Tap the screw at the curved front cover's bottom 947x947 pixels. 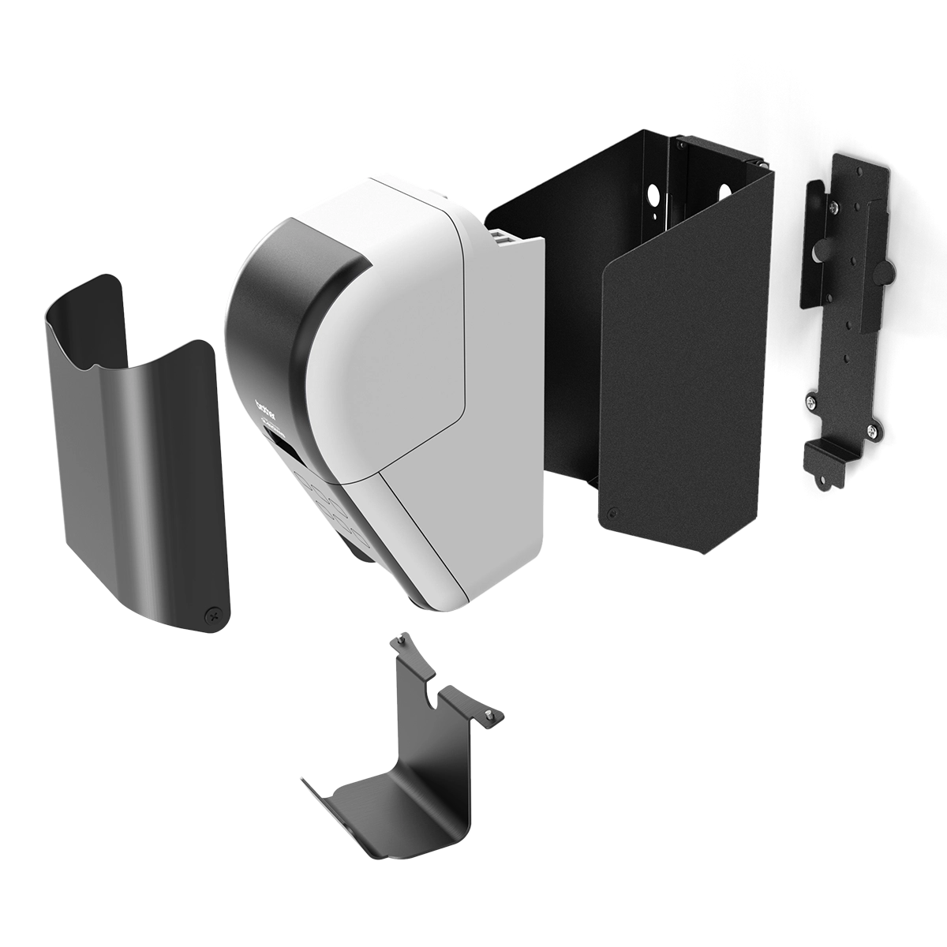pyautogui.click(x=211, y=613)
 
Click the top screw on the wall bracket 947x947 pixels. pyautogui.click(x=834, y=207)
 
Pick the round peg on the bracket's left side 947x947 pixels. pyautogui.click(x=818, y=250)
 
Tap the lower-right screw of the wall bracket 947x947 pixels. pyautogui.click(x=871, y=430)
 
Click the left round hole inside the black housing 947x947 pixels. pyautogui.click(x=653, y=194)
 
